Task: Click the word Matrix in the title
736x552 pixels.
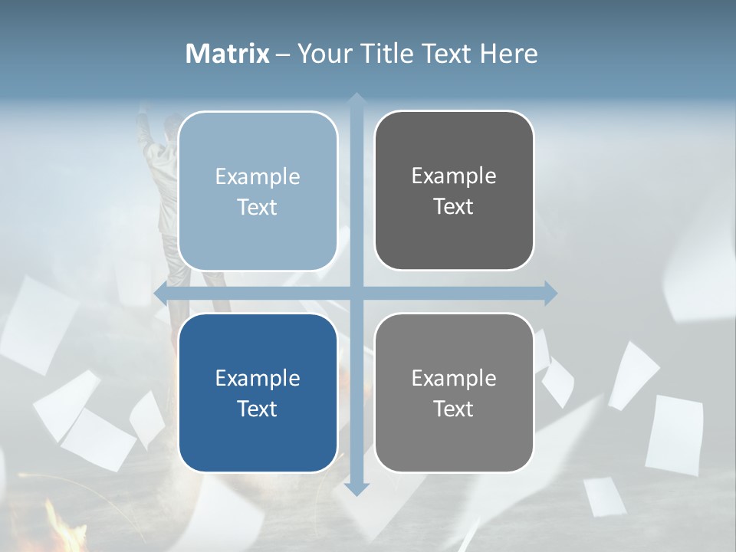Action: tap(228, 54)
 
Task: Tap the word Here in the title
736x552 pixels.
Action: tap(508, 54)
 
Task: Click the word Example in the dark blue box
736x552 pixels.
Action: tap(258, 378)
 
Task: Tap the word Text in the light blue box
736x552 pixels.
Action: tap(258, 207)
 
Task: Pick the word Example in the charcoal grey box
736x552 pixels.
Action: tap(454, 176)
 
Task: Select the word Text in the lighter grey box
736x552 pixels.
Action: tap(454, 409)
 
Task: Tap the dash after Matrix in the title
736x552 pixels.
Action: tap(283, 54)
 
